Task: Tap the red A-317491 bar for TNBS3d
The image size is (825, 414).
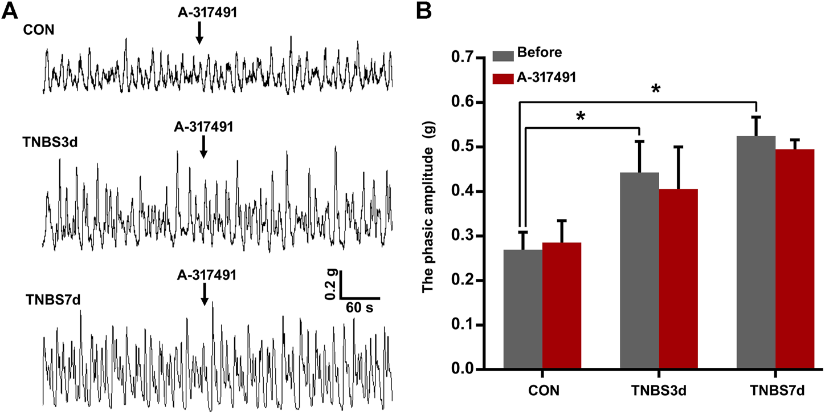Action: point(679,279)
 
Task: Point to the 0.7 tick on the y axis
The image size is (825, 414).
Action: point(477,58)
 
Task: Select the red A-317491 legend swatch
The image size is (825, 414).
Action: point(502,78)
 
